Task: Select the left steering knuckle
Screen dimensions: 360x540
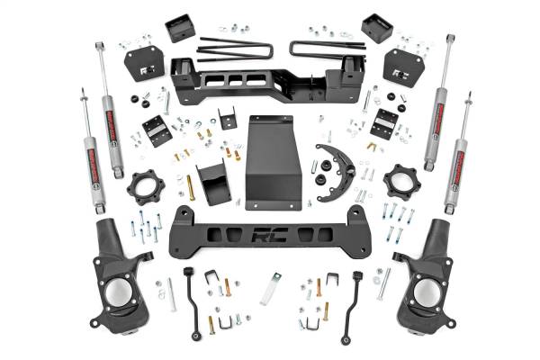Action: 119,274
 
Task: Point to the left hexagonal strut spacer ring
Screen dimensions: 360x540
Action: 145,187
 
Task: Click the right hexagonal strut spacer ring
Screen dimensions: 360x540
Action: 401,184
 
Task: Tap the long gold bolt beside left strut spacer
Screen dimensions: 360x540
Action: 190,187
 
